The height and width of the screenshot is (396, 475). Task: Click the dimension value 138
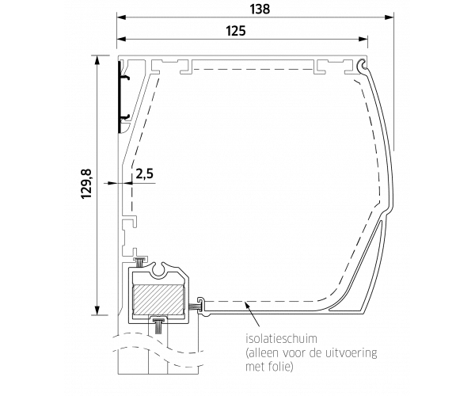point(260,9)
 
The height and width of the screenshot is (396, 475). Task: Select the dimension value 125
point(236,31)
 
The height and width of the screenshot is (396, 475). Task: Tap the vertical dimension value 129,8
point(86,184)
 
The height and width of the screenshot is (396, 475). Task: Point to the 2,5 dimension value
point(145,174)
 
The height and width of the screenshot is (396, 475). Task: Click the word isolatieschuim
point(281,338)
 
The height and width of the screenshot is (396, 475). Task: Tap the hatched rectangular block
point(158,300)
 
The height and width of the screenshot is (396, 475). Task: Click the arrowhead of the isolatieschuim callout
point(248,305)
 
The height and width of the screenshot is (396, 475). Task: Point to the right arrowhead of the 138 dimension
point(389,17)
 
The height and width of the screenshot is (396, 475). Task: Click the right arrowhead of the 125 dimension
point(363,39)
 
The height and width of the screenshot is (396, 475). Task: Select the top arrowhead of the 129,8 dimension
point(97,60)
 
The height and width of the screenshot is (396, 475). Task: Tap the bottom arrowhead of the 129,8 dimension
point(97,310)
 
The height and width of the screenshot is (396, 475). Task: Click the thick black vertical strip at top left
point(120,97)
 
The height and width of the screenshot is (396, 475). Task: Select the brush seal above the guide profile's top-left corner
point(140,261)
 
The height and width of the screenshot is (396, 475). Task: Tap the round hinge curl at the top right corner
point(362,64)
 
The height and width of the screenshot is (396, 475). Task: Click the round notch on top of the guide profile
point(159,269)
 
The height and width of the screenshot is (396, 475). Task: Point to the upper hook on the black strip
point(125,78)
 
